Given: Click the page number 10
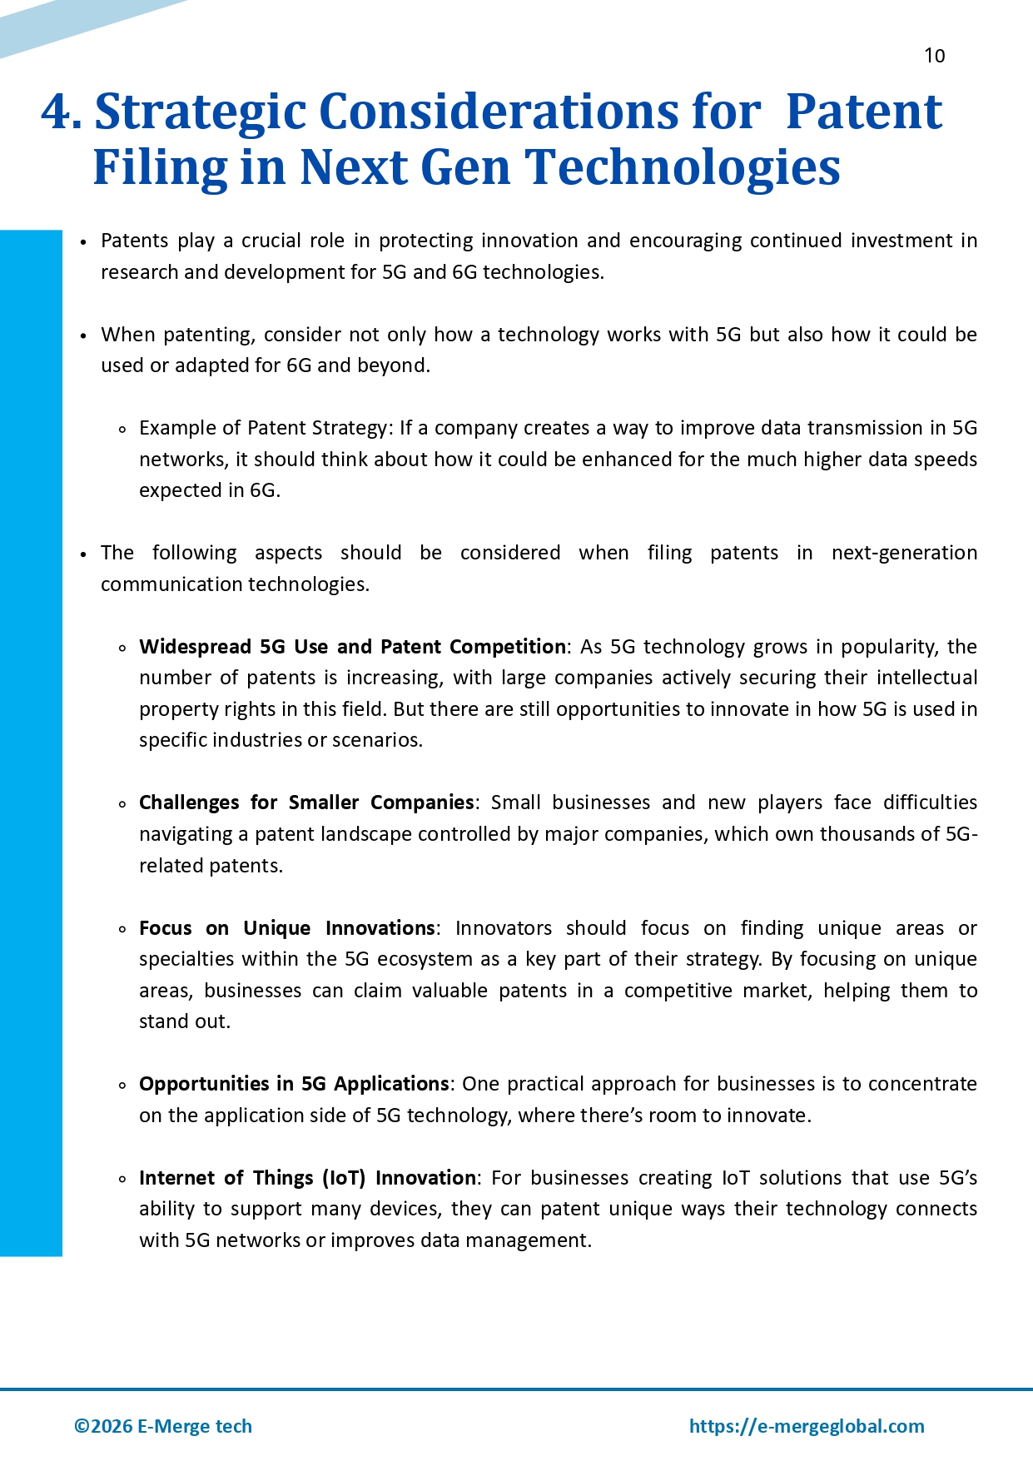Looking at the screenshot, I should [934, 56].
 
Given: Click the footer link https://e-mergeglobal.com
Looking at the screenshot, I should [806, 1426].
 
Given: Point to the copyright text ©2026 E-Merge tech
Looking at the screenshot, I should [163, 1426].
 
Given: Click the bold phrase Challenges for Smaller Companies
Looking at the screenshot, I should [306, 803].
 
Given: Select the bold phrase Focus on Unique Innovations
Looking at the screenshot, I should [287, 928].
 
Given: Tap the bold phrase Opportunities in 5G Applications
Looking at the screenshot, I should [294, 1084].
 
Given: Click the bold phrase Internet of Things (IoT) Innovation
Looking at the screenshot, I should [307, 1178].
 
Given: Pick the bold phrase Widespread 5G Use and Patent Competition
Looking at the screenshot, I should [352, 647].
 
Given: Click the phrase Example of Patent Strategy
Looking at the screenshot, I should [263, 428].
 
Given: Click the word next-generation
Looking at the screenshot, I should [904, 553].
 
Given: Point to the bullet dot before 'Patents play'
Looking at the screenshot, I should [83, 242].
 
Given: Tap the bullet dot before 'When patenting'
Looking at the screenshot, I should [83, 336].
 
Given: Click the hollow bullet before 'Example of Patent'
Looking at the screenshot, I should [122, 430].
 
